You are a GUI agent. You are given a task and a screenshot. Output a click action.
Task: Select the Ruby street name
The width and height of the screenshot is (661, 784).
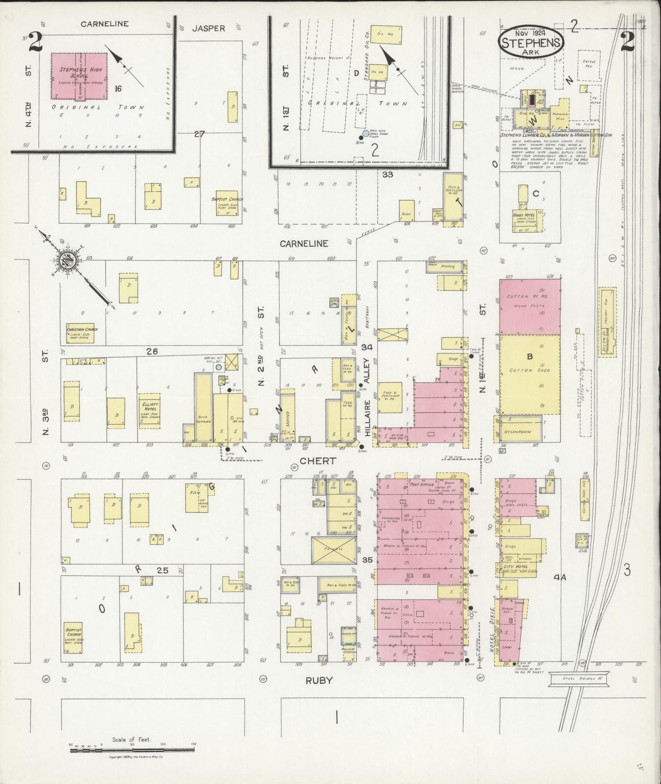(319, 680)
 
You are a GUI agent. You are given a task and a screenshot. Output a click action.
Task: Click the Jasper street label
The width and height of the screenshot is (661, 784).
(208, 28)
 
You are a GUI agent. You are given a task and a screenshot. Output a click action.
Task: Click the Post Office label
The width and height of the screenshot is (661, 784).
(422, 484)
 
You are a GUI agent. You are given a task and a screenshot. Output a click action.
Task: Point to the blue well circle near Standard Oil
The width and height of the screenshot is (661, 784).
(365, 134)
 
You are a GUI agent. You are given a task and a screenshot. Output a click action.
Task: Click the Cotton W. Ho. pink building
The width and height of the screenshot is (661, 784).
(530, 306)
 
